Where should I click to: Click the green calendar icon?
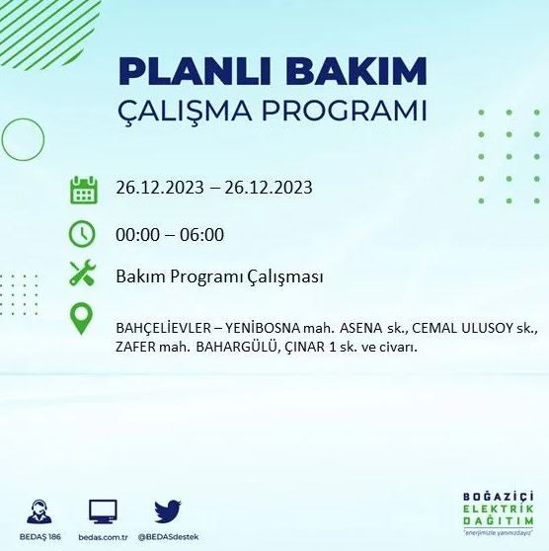click(x=83, y=189)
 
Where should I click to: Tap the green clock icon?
click(x=83, y=234)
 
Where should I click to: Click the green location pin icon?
click(x=83, y=319)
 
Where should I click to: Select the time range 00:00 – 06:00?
click(x=170, y=235)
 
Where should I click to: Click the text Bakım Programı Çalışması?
click(x=219, y=276)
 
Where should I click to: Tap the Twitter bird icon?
click(x=168, y=512)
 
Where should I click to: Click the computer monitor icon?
click(x=103, y=512)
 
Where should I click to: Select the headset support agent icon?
click(x=39, y=512)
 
